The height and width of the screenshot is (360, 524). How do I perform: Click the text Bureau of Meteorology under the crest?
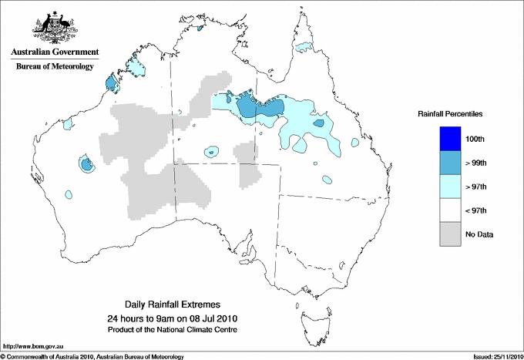point(54,66)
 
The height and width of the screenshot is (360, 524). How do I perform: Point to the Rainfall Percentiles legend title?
point(450,114)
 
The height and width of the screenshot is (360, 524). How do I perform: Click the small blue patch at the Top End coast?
point(200,29)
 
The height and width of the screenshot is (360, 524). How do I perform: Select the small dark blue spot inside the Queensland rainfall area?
point(319,123)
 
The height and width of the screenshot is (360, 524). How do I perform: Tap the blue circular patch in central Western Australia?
point(86,163)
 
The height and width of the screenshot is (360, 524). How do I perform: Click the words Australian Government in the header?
point(54,52)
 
